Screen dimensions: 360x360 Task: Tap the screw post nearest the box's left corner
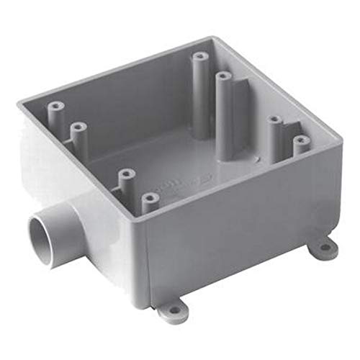[x=53, y=112]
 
